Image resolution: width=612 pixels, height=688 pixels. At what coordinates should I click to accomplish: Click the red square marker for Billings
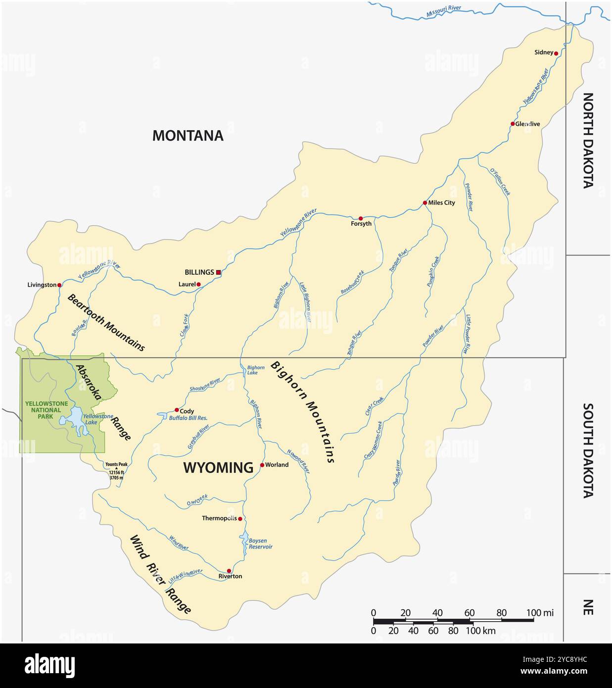click(218, 272)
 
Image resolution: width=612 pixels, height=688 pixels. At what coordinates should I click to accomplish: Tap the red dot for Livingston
click(59, 285)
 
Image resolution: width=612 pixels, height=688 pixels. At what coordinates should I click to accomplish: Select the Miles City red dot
click(425, 203)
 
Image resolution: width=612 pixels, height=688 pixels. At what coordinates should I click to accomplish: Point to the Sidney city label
click(544, 52)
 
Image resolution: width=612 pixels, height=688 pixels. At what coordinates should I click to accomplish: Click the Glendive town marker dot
click(513, 124)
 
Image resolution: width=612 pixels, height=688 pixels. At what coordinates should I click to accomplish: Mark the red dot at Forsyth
click(361, 218)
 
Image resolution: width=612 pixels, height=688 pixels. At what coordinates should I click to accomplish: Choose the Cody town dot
click(177, 410)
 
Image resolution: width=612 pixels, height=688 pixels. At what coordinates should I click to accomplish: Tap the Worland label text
click(277, 465)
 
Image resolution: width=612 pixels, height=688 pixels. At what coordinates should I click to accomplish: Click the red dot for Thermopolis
click(240, 519)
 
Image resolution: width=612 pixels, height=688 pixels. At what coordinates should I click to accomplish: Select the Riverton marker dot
click(229, 571)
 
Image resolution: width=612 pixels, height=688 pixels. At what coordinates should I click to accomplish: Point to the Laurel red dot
click(198, 284)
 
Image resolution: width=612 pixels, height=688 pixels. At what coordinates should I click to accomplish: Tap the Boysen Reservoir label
click(261, 544)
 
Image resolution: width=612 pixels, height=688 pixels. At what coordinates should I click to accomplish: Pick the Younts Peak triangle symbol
click(117, 468)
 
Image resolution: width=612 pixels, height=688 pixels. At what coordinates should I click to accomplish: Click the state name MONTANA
click(188, 136)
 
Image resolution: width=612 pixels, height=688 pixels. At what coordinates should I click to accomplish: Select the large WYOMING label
click(218, 467)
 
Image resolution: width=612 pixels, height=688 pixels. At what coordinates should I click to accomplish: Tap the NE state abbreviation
click(587, 607)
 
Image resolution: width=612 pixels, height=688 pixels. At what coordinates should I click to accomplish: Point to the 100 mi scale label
click(540, 613)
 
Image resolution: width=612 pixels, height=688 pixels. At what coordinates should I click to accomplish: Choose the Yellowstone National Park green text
click(47, 410)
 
